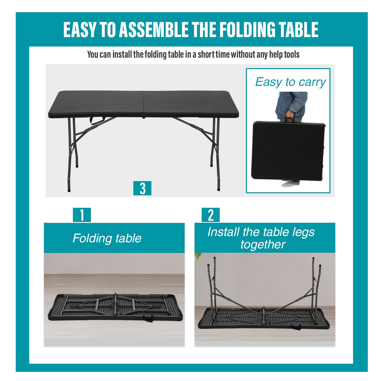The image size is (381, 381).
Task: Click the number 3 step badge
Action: [142, 188]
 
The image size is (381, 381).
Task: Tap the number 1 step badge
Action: [82, 215]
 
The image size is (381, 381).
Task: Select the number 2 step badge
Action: [211, 215]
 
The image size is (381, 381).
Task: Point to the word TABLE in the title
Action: [299, 30]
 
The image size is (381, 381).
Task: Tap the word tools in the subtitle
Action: [292, 54]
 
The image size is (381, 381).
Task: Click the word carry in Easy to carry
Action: [312, 82]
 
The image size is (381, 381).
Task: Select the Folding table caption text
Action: [107, 238]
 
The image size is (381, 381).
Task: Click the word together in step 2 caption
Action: [263, 244]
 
